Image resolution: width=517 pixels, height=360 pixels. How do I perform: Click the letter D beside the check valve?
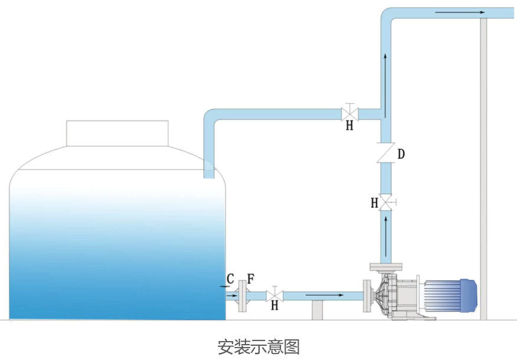point(401,155)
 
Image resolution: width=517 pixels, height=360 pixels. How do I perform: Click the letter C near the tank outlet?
point(230,279)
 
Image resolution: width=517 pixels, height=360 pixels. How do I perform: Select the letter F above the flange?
point(250,279)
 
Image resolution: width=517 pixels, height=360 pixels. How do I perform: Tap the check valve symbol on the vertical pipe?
point(386,153)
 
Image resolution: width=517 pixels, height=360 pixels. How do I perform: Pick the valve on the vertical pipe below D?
point(387,202)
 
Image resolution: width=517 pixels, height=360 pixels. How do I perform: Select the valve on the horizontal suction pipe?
point(274,294)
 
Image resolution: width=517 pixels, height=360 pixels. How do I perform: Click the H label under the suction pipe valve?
point(274,306)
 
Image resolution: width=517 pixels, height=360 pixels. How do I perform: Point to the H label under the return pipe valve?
point(349,126)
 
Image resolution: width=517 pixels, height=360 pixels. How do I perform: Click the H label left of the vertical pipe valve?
point(374,203)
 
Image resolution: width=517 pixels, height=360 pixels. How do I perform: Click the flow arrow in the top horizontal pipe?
point(460,12)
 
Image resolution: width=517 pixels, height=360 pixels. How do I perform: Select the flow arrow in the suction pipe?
point(324,294)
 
